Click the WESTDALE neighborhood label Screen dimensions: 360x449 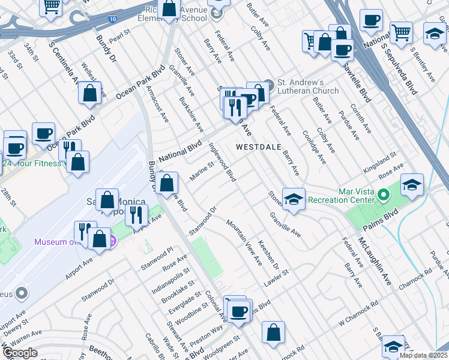258,146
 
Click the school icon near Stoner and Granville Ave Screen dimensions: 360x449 293,200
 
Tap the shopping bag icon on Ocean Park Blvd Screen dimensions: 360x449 89,94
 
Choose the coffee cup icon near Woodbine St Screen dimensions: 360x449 239,311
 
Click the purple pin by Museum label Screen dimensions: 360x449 112,242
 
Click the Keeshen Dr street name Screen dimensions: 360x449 268,255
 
